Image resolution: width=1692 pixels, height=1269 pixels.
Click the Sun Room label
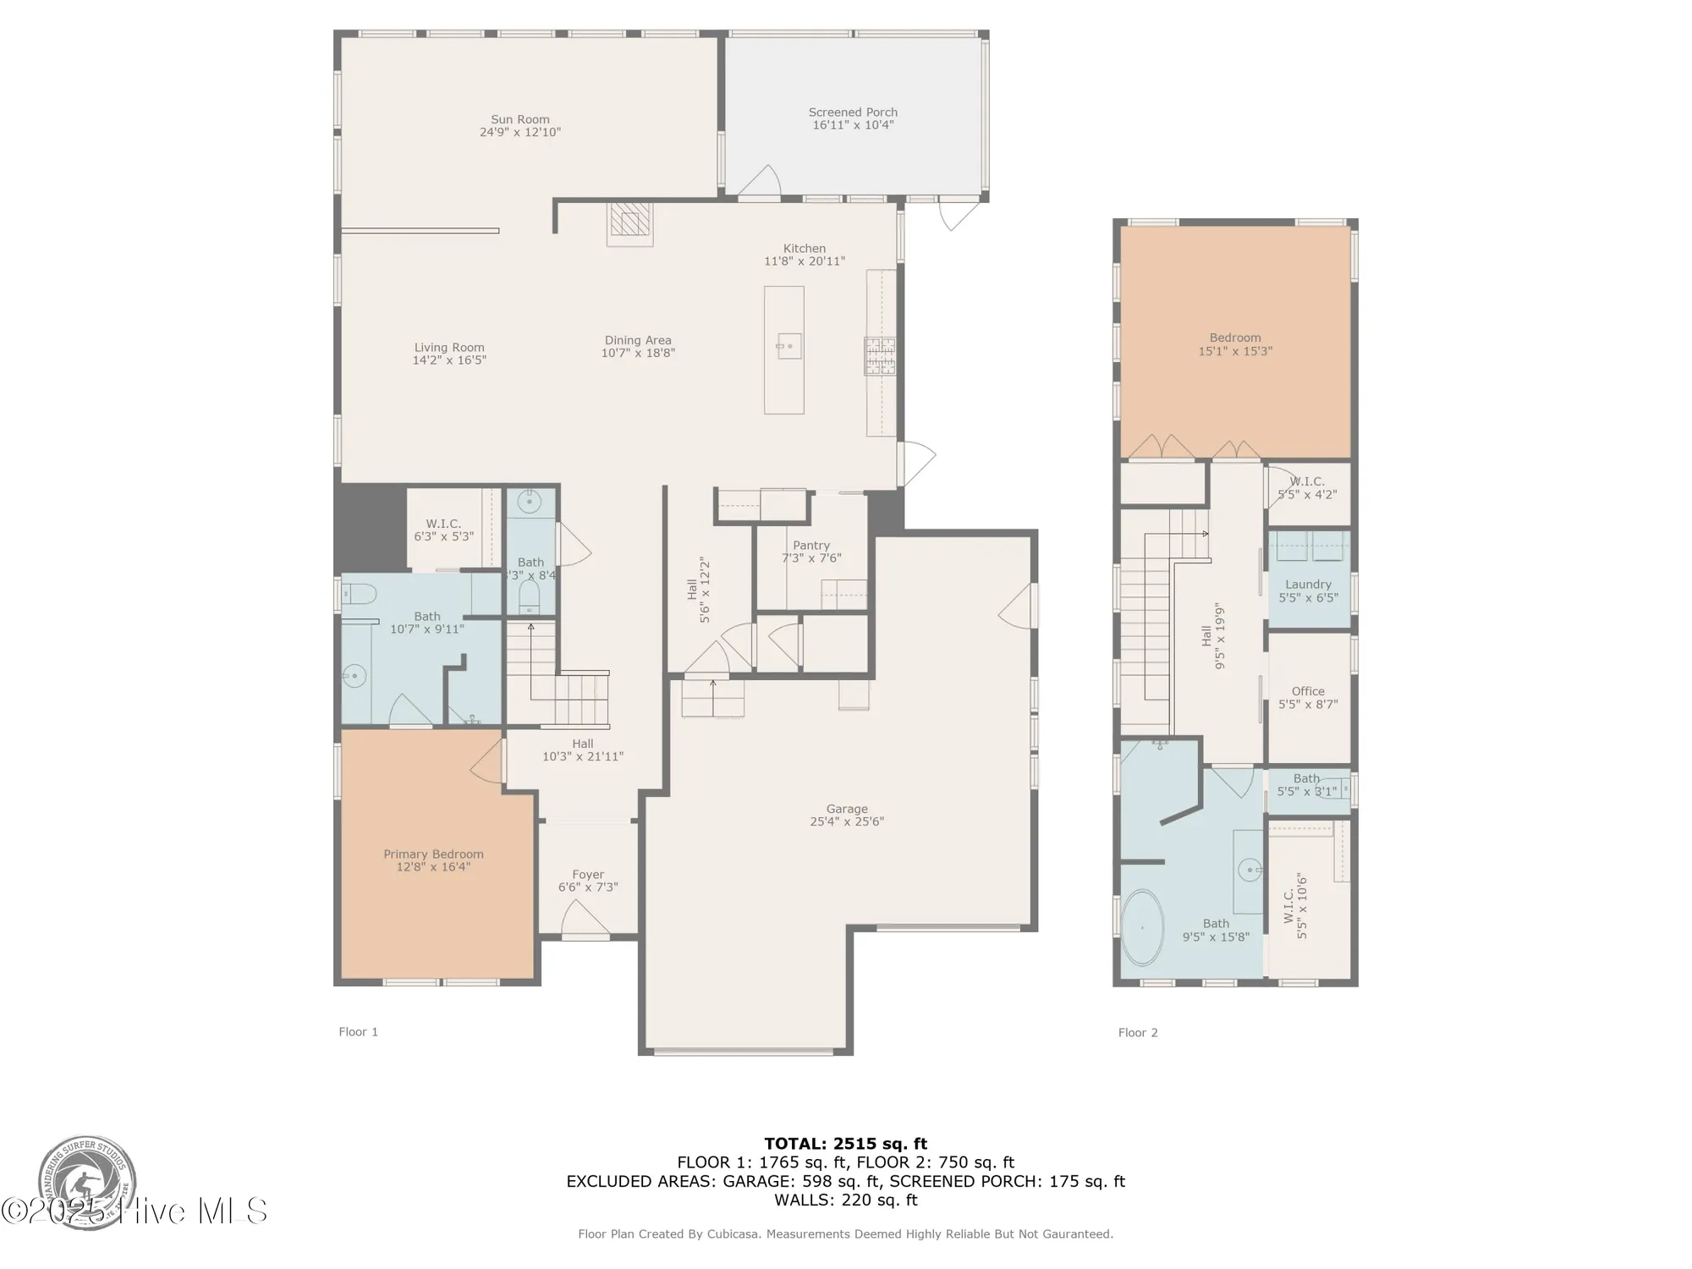[x=520, y=119]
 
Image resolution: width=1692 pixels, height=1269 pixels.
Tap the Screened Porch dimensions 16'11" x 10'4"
[x=853, y=125]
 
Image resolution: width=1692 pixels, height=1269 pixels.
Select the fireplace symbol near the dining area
[x=629, y=222]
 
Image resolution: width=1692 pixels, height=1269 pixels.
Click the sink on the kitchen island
[x=788, y=346]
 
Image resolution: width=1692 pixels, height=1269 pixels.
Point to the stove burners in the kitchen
[x=879, y=356]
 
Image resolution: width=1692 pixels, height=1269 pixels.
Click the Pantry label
[x=811, y=546]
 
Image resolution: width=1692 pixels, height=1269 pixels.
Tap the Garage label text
[x=847, y=809]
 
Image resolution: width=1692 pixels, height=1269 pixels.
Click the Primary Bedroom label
[x=433, y=854]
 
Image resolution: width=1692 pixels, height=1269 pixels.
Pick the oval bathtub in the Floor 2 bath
[x=1142, y=927]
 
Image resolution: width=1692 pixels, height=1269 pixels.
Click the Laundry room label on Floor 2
[x=1308, y=585]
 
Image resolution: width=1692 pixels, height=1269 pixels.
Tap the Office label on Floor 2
[x=1308, y=691]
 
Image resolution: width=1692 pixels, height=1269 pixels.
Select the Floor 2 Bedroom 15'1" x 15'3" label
[x=1235, y=344]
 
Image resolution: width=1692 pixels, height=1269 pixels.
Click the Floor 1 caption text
[x=358, y=1031]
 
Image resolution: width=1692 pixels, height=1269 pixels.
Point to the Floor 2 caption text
[x=1138, y=1032]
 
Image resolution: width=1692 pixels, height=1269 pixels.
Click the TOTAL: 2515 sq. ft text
[x=846, y=1144]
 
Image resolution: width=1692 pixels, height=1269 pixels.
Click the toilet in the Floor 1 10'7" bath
[x=359, y=594]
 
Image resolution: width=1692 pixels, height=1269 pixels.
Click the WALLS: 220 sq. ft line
[x=846, y=1200]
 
